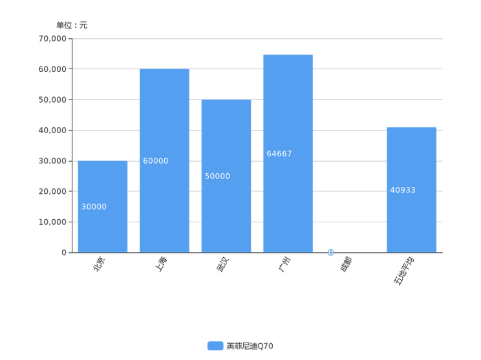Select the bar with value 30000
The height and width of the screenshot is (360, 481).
pyautogui.click(x=102, y=205)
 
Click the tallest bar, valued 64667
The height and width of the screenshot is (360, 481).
pyautogui.click(x=287, y=153)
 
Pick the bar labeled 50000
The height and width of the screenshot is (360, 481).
pyautogui.click(x=226, y=175)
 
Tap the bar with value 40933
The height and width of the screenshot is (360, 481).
pyautogui.click(x=411, y=189)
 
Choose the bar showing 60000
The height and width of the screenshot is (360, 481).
pyautogui.click(x=164, y=160)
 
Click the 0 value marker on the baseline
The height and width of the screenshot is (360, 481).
pyautogui.click(x=331, y=252)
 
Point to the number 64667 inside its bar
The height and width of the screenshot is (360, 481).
pyautogui.click(x=279, y=154)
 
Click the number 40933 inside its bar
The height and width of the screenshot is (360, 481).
pyautogui.click(x=403, y=190)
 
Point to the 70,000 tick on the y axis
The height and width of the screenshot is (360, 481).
pyautogui.click(x=52, y=39)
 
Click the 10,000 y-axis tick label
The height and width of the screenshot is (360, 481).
pyautogui.click(x=52, y=222)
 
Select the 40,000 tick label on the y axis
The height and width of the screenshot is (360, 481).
pyautogui.click(x=52, y=131)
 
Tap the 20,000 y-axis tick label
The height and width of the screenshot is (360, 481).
pyautogui.click(x=52, y=191)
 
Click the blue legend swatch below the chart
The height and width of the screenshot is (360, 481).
pyautogui.click(x=215, y=346)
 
